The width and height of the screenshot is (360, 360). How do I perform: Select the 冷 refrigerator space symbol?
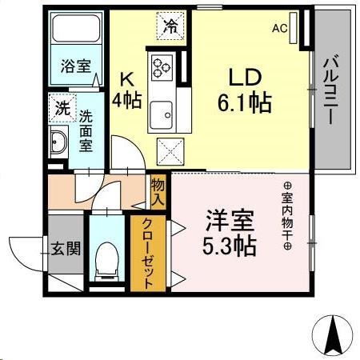click(x=172, y=25)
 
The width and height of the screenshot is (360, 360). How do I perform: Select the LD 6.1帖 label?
click(x=240, y=92)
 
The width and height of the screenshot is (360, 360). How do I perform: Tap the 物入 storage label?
click(x=158, y=192)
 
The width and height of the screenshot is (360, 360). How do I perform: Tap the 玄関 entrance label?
click(x=66, y=248)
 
